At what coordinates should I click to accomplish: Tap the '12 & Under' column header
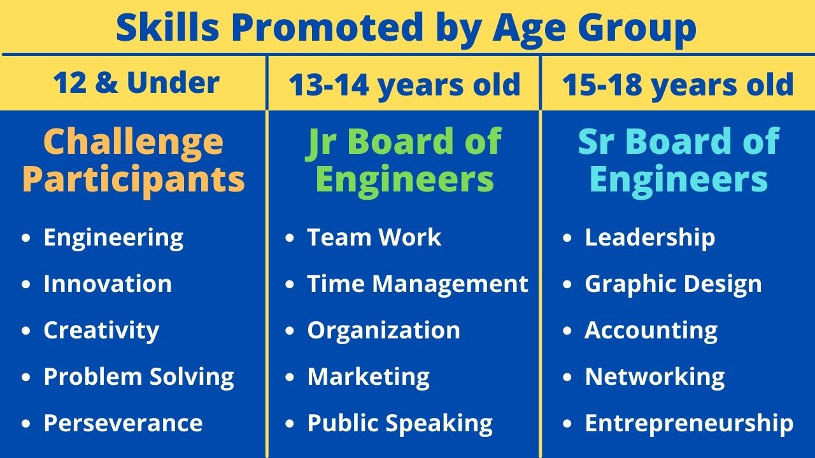136,83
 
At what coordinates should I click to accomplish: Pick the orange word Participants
133,179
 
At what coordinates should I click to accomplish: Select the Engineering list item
113,238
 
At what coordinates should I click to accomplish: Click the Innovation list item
108,284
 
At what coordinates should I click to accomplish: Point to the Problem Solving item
139,377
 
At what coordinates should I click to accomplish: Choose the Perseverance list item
123,423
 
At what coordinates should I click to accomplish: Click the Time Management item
418,284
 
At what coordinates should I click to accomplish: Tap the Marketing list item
369,377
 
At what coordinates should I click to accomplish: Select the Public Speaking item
400,424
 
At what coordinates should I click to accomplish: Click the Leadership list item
650,238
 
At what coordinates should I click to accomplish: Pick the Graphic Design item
673,284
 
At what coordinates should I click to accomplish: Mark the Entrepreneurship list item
689,424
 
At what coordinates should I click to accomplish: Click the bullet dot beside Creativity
26,330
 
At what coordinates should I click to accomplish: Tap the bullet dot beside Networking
567,377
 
